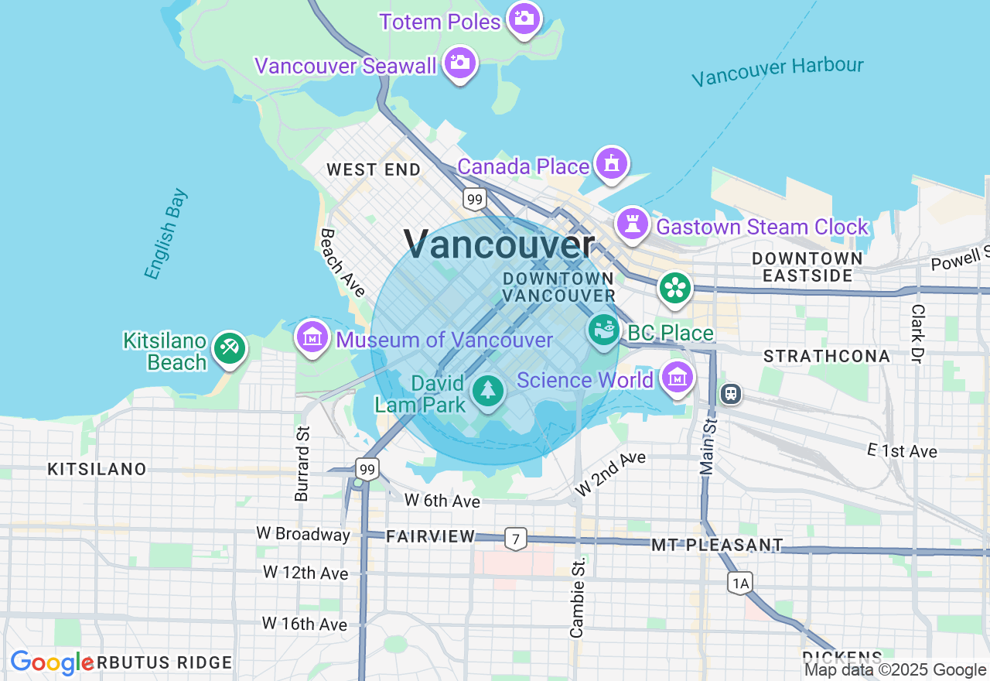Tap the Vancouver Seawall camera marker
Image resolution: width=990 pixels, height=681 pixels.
(460, 63)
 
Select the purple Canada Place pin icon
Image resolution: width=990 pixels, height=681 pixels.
(612, 164)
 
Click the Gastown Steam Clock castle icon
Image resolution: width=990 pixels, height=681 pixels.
(632, 224)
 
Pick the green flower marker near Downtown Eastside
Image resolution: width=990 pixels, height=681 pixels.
(674, 288)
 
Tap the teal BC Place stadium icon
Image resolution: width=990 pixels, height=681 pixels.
(604, 330)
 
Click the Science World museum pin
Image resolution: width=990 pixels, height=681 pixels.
(678, 378)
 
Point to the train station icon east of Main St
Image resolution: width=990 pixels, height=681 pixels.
(730, 394)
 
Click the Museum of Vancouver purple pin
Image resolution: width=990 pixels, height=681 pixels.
(312, 337)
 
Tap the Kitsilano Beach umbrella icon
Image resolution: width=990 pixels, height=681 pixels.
(229, 348)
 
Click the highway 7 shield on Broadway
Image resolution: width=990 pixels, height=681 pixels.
(516, 539)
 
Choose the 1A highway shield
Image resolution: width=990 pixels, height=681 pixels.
(740, 583)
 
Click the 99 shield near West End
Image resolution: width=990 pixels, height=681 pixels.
(475, 200)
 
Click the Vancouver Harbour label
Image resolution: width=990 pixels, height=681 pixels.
(777, 71)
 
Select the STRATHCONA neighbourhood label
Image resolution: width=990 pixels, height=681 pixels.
(827, 356)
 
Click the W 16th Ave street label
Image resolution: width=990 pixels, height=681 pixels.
(304, 624)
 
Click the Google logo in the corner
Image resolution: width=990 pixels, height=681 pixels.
(52, 663)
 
